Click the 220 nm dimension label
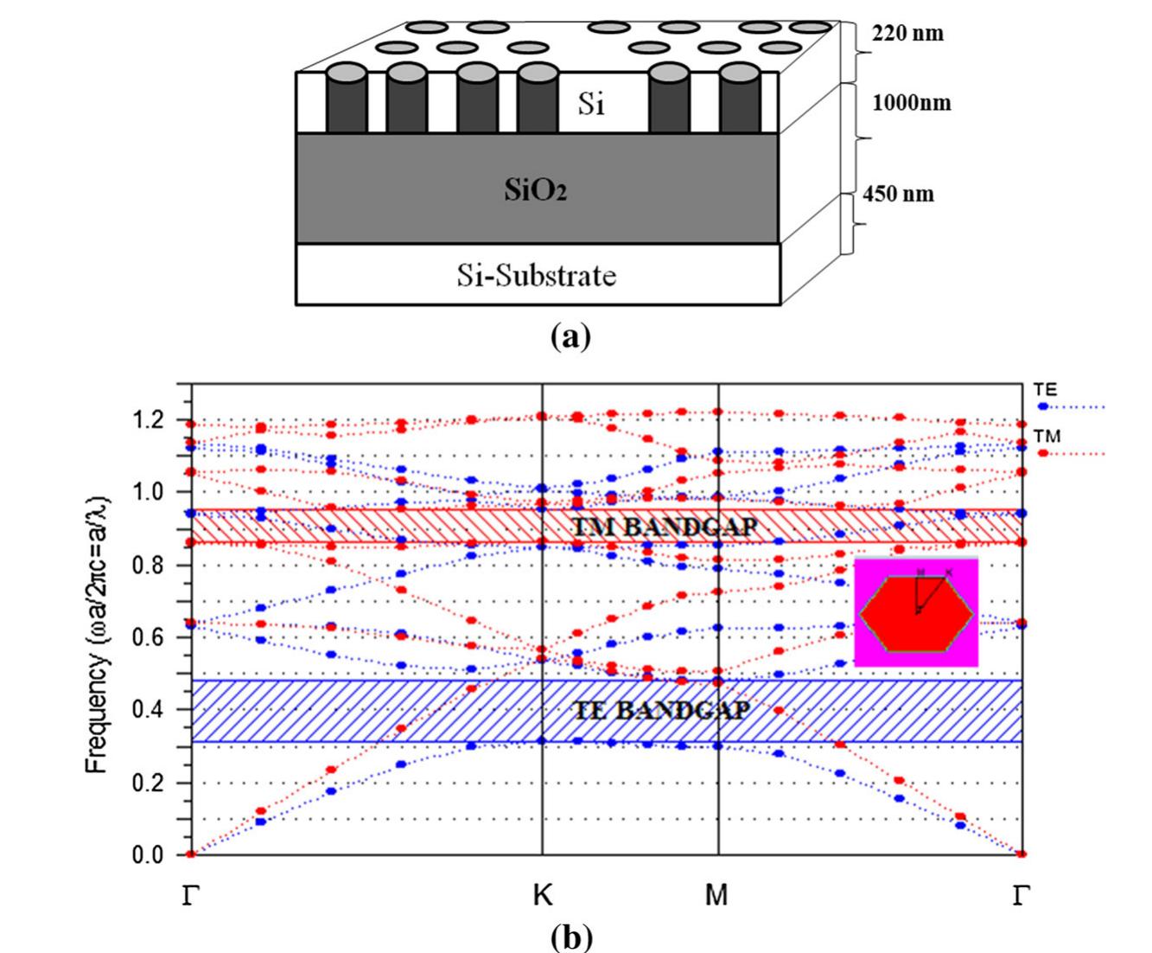click(x=907, y=34)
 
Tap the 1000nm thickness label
click(x=912, y=103)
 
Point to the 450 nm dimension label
click(x=899, y=193)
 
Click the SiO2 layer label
click(x=536, y=190)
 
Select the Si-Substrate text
click(x=537, y=276)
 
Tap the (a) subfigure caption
click(x=570, y=334)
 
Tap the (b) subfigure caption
click(x=570, y=936)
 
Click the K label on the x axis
click(x=542, y=895)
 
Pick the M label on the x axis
click(x=717, y=895)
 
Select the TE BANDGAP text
click(x=662, y=710)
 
